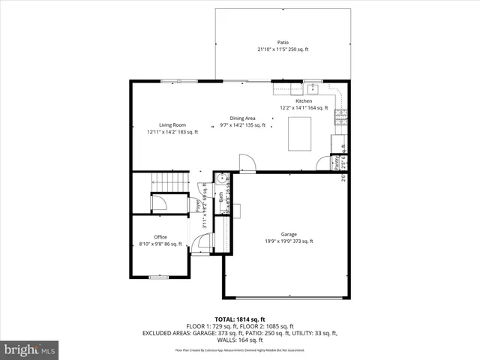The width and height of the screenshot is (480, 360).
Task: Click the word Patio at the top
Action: (283, 43)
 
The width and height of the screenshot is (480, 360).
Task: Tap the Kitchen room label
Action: (304, 101)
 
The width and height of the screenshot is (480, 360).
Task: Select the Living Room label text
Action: (172, 125)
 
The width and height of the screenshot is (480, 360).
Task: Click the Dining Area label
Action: (242, 118)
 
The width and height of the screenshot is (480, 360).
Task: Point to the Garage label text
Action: (289, 234)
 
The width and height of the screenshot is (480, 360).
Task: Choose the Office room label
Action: (160, 237)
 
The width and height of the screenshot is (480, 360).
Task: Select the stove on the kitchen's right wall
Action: (342, 115)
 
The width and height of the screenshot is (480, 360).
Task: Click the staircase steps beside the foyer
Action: (169, 182)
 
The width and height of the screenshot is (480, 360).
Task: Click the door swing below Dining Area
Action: (247, 162)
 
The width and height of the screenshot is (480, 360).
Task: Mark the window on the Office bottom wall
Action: (158, 277)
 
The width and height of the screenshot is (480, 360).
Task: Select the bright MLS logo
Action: (30, 349)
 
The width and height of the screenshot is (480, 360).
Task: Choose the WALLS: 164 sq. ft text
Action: (240, 340)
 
